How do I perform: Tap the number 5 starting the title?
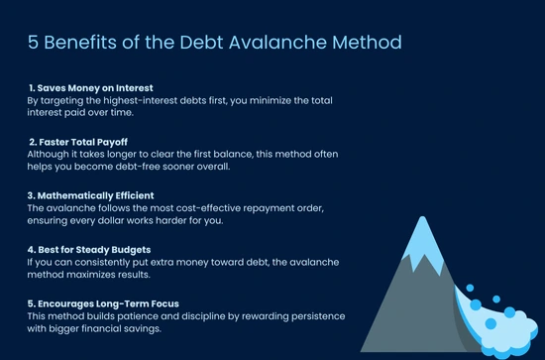(x=32, y=44)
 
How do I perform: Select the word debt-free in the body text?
(x=133, y=167)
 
